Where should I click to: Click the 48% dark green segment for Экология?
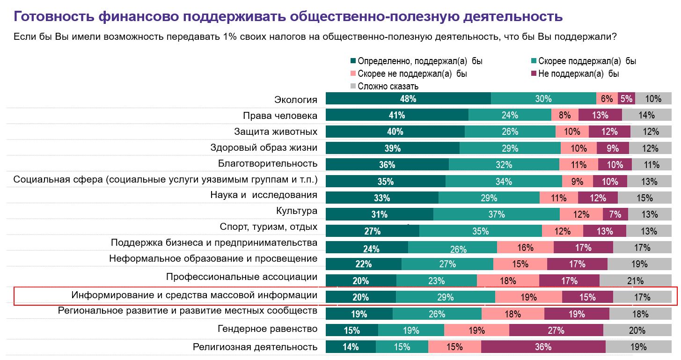pos(408,98)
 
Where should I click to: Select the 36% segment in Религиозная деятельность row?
pos(543,347)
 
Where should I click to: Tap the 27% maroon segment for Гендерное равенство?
pos(556,331)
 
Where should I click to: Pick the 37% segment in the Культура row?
pos(496,214)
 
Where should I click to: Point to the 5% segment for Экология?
pos(626,98)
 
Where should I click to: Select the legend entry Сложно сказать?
pos(388,86)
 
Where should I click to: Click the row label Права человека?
pos(280,116)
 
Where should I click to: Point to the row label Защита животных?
pos(276,132)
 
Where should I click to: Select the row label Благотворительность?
pos(268,163)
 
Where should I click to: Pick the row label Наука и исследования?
pos(264,195)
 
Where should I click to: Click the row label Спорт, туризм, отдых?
pos(269,227)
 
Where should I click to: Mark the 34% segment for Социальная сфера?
pos(504,182)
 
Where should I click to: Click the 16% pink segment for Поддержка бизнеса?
pos(525,248)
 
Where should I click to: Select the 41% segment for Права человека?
pos(397,115)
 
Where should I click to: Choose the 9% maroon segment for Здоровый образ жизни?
pos(612,148)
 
